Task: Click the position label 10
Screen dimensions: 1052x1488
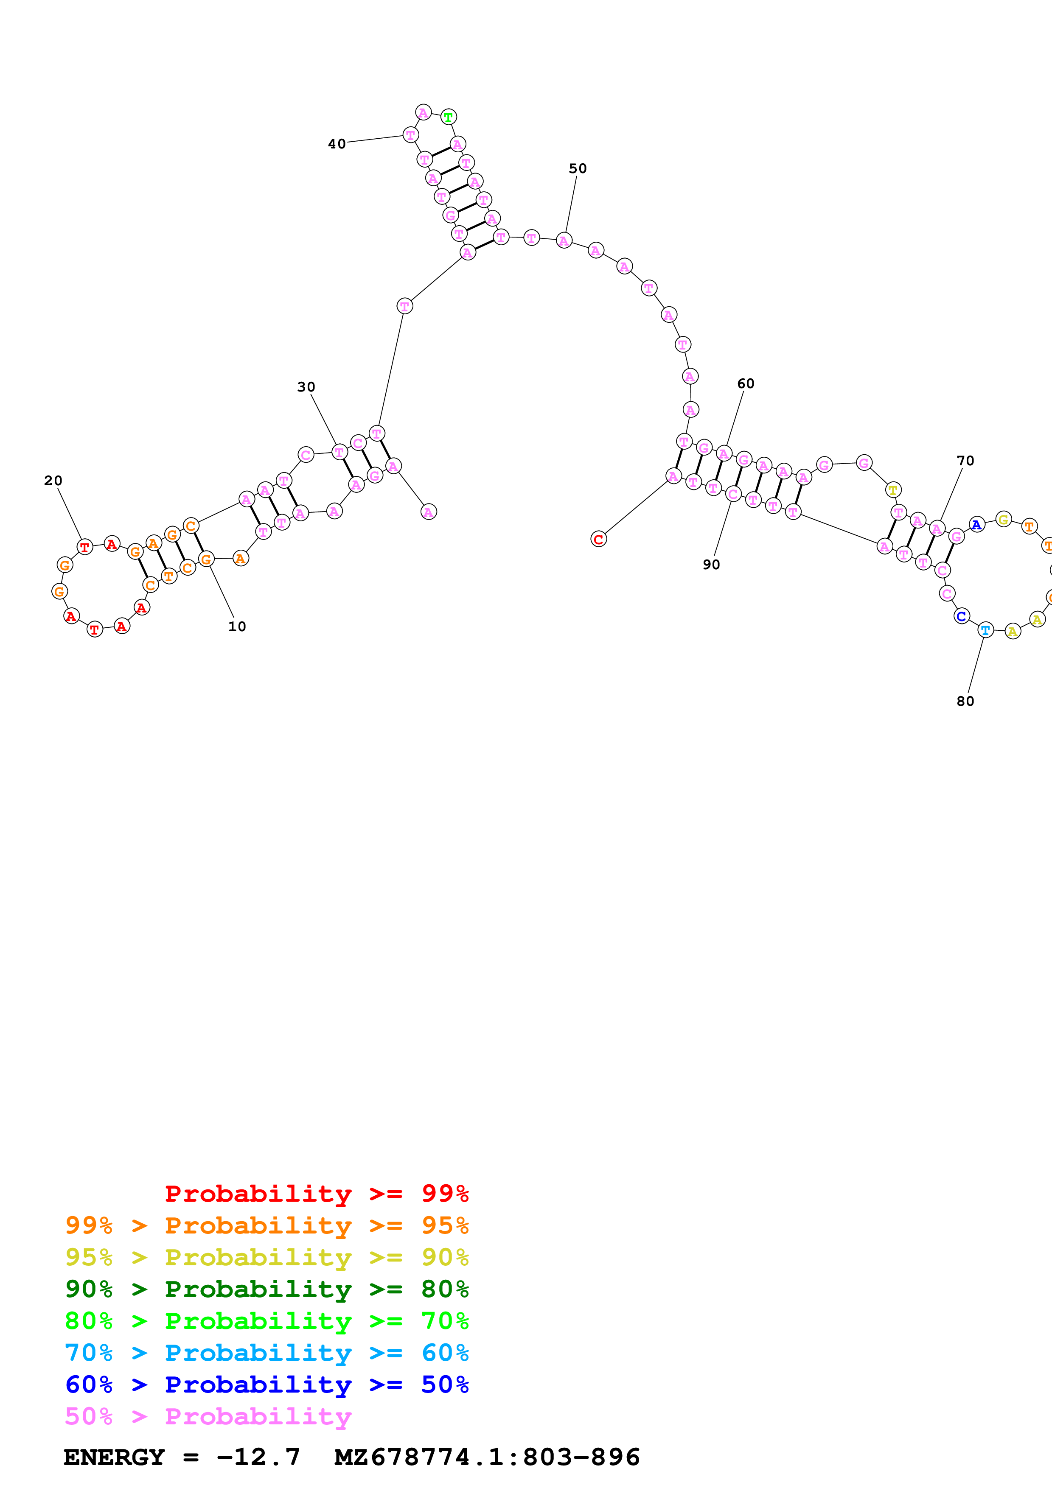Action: pyautogui.click(x=237, y=627)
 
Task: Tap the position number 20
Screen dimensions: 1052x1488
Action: pyautogui.click(x=53, y=481)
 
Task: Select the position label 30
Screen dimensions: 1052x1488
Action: pyautogui.click(x=306, y=387)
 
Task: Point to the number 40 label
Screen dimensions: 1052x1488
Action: pyautogui.click(x=337, y=144)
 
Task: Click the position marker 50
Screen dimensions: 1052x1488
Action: pyautogui.click(x=578, y=168)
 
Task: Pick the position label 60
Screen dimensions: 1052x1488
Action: pyautogui.click(x=746, y=384)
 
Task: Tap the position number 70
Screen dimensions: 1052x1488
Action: pyautogui.click(x=965, y=461)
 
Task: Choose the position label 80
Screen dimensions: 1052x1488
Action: pyautogui.click(x=965, y=701)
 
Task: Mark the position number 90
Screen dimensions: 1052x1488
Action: pyautogui.click(x=711, y=565)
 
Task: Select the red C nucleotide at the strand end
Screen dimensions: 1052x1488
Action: pyautogui.click(x=598, y=539)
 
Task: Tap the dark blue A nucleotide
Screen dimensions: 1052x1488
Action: pyautogui.click(x=976, y=525)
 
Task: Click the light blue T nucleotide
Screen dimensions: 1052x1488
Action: pyautogui.click(x=985, y=630)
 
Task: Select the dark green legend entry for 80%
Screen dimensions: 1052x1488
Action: pyautogui.click(x=267, y=1289)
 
